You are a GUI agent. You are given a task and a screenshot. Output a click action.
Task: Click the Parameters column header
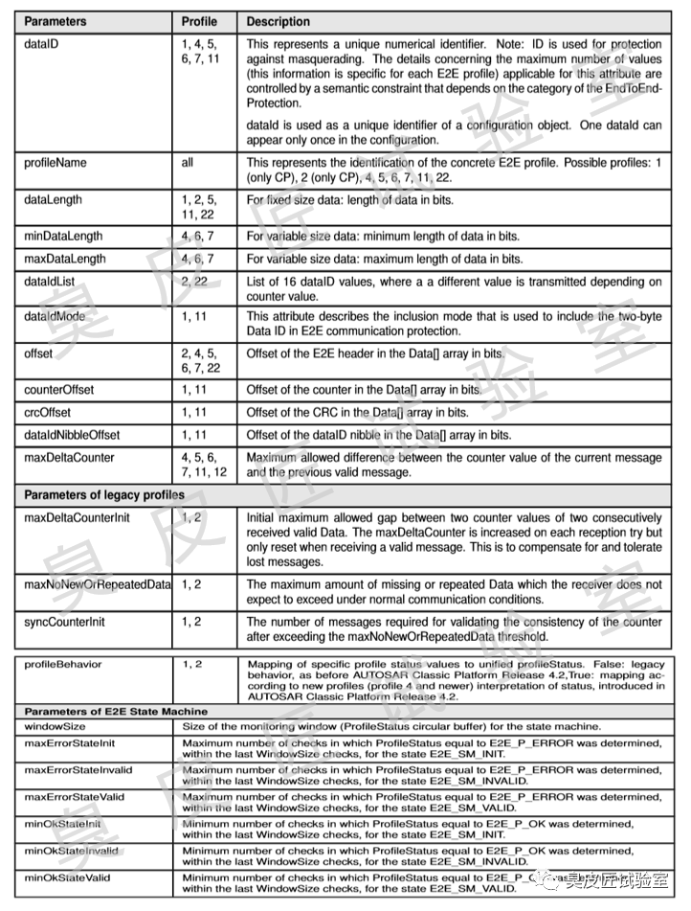pyautogui.click(x=56, y=20)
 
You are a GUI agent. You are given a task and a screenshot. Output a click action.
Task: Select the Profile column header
pyautogui.click(x=199, y=20)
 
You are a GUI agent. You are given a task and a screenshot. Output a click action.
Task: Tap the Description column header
pyautogui.click(x=279, y=20)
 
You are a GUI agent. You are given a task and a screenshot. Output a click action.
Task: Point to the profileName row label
pyautogui.click(x=55, y=163)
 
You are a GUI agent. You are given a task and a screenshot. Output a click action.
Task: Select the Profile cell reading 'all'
pyautogui.click(x=188, y=163)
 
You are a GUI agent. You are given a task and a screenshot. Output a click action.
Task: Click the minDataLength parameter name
pyautogui.click(x=63, y=236)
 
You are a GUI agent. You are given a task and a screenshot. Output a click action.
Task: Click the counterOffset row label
pyautogui.click(x=59, y=391)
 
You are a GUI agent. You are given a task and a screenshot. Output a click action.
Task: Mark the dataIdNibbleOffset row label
pyautogui.click(x=72, y=435)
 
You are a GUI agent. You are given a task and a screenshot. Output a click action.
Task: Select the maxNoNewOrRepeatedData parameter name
pyautogui.click(x=98, y=584)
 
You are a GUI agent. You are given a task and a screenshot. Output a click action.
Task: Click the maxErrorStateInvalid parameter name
pyautogui.click(x=78, y=769)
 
